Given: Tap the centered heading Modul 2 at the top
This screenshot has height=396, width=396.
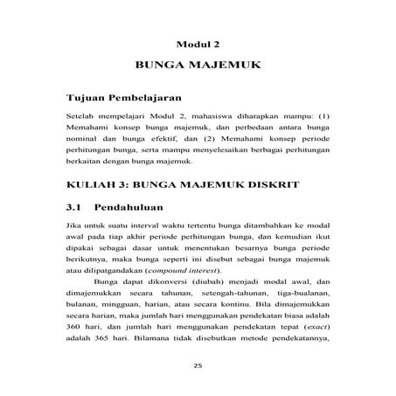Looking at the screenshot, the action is (198, 42).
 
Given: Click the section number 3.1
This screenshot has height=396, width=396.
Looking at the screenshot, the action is (77, 210).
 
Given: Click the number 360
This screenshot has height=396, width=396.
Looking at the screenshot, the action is (78, 337).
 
